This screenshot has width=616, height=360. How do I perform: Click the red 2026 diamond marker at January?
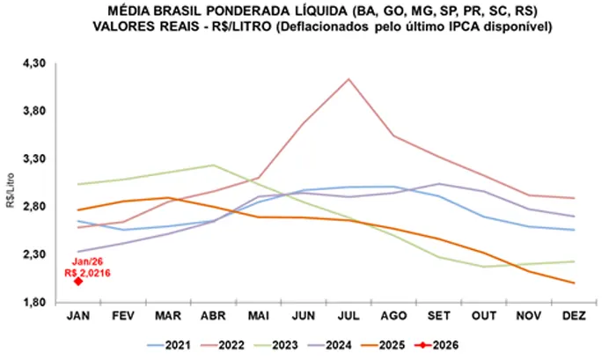tap(78, 282)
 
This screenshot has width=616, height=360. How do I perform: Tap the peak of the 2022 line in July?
tap(349, 79)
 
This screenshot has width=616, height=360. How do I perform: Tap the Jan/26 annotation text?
tap(82, 262)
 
